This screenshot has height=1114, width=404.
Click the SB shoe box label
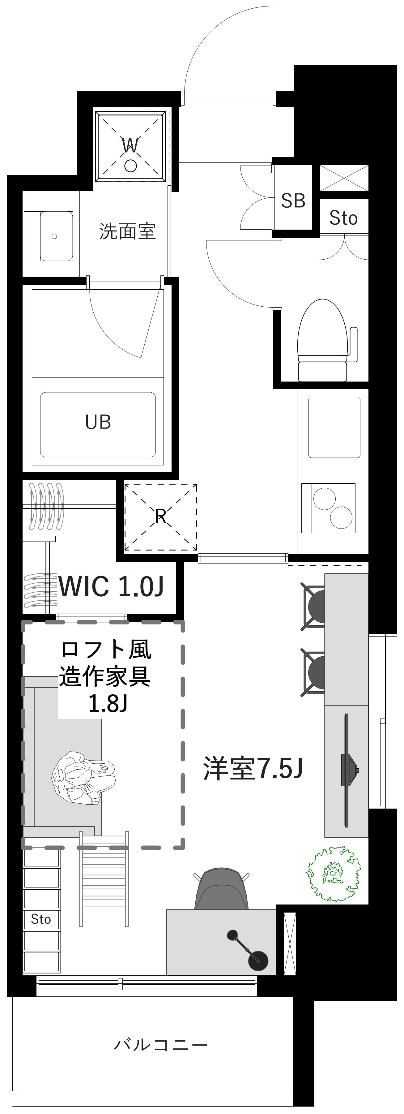pos(293,200)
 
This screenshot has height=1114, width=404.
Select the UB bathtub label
pos(98,422)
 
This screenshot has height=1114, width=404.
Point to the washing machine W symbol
pos(130,146)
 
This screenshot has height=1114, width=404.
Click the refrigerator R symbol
pos(161,516)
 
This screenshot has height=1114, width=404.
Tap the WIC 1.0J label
pos(111,586)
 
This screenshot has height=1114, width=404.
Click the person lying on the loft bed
pos(84,778)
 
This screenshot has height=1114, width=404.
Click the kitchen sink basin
pos(334,427)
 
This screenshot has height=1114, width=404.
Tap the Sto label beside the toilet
pos(343,218)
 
